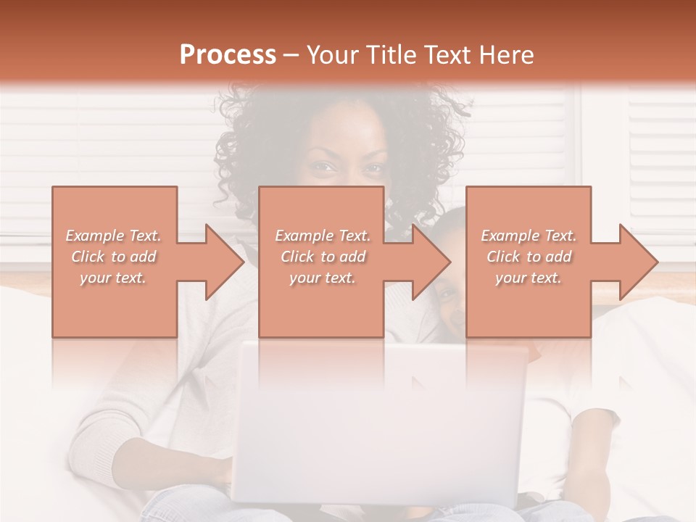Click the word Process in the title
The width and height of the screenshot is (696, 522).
click(x=228, y=55)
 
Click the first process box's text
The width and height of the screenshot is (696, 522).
click(x=114, y=257)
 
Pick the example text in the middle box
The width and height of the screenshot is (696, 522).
click(x=323, y=257)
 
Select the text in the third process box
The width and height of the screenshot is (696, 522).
click(x=529, y=257)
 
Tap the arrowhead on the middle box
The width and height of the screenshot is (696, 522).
click(x=431, y=262)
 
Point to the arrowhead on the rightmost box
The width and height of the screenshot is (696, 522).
click(x=638, y=262)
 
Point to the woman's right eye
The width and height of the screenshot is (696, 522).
click(x=323, y=168)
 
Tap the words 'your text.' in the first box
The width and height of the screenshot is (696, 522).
click(x=114, y=278)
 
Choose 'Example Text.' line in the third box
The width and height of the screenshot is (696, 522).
click(x=529, y=236)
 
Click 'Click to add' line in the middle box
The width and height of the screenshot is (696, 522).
click(x=323, y=257)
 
